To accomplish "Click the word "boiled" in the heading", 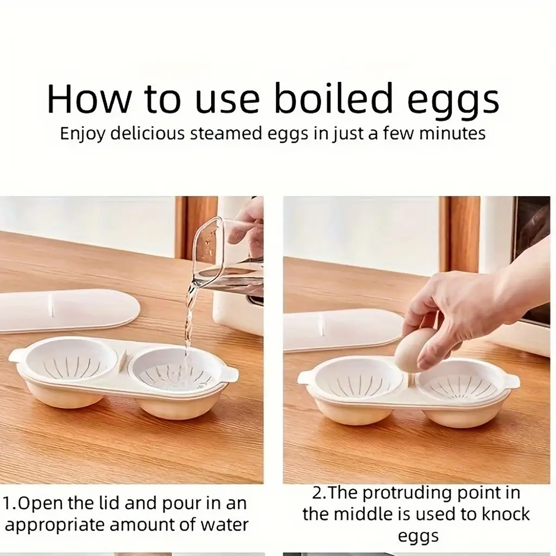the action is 334,98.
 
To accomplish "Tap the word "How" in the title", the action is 89,98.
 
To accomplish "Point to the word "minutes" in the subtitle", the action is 452,134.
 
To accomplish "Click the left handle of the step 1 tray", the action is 16,356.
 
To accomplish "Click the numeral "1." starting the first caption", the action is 10,503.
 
